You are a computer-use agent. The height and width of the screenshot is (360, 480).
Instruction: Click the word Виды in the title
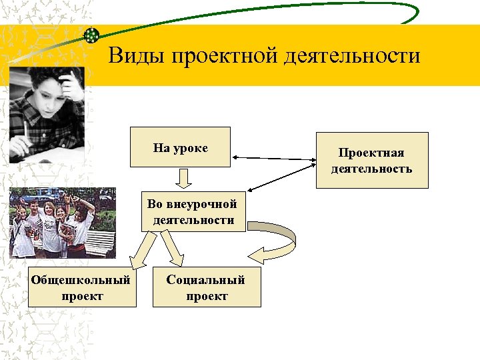[136, 55]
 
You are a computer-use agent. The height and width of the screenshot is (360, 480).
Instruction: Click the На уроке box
[180, 147]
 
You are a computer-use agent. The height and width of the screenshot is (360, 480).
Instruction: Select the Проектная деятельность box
[371, 161]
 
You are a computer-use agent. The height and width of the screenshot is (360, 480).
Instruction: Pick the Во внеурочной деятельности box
[193, 212]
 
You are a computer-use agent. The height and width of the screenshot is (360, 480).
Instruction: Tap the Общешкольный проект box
[81, 287]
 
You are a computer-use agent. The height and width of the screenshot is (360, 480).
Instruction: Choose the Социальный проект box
[206, 287]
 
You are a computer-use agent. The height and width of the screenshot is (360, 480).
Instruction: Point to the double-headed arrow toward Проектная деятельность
[273, 160]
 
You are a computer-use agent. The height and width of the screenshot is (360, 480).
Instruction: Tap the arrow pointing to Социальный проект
[173, 250]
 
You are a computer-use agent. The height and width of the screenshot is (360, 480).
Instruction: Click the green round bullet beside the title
[92, 35]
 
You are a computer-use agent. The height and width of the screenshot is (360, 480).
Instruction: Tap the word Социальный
[206, 280]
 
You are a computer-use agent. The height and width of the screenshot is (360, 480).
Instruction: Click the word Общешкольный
[81, 280]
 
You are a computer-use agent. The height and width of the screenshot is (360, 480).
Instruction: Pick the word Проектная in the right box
[371, 153]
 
